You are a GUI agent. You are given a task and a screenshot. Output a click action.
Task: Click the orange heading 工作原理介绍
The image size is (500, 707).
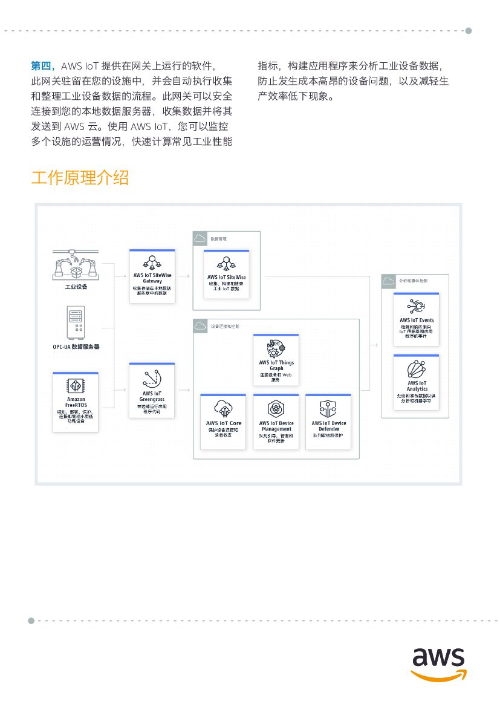pos(80,178)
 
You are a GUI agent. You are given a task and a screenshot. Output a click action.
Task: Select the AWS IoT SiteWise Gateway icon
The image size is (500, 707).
pos(152,262)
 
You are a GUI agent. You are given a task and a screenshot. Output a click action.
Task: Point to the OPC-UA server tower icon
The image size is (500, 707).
pos(76,323)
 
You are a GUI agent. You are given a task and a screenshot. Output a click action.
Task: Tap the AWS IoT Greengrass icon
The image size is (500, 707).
pos(152,378)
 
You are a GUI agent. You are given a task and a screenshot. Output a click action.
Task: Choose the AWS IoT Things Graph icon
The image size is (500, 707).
pos(276,348)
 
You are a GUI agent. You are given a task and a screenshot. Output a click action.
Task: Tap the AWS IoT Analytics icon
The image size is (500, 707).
pos(417,368)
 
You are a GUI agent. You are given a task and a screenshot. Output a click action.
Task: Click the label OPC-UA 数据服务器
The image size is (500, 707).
pos(76,347)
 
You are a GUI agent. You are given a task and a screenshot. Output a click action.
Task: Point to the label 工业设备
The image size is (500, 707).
pos(76,286)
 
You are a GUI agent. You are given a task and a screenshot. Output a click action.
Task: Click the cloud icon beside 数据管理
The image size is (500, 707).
pos(200,239)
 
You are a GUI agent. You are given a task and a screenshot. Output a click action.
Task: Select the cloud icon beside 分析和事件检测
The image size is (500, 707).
pos(389,281)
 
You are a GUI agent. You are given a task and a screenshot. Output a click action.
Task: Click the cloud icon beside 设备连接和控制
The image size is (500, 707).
pos(200,327)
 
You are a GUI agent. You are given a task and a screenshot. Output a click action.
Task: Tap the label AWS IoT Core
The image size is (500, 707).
pos(223,423)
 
